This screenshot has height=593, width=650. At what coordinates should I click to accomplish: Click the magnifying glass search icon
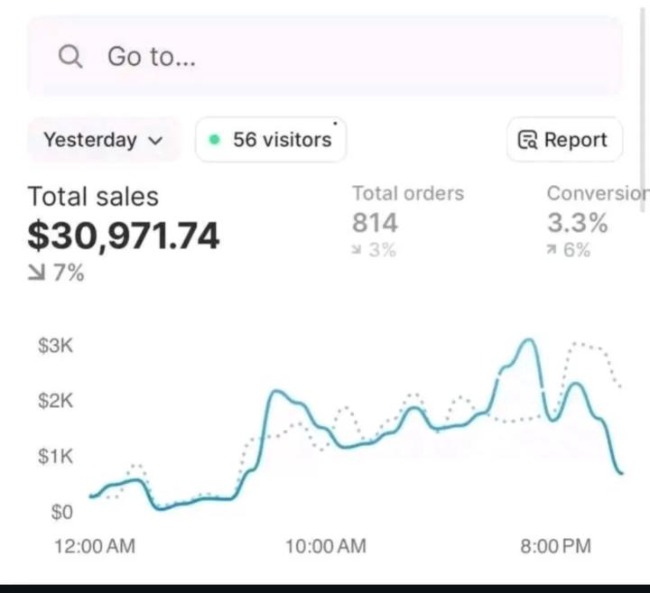coord(70,57)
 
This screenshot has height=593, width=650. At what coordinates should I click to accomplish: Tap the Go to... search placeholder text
coord(152,57)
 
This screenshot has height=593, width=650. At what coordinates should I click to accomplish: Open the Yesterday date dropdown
coord(103,140)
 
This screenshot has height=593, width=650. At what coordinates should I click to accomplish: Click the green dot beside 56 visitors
coord(214,140)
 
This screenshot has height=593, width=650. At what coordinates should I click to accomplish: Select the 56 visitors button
coord(271,140)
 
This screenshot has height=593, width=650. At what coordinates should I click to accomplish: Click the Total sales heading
coord(93,197)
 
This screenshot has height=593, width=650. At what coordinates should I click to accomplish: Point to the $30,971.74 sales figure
coord(124,236)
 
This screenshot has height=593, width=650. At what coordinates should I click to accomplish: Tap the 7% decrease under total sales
coord(57,273)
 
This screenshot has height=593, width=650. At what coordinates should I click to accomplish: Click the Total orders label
coord(408,193)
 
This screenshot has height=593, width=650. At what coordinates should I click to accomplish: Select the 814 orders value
coord(375,222)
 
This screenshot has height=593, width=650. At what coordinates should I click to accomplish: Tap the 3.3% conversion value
coord(577,222)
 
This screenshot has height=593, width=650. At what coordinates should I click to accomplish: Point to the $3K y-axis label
coord(55,346)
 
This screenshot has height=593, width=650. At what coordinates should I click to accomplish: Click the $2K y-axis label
coord(55,401)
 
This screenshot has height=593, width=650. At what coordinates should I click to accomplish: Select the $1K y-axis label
coord(55,457)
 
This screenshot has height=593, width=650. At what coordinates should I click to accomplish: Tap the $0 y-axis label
coord(60,513)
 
